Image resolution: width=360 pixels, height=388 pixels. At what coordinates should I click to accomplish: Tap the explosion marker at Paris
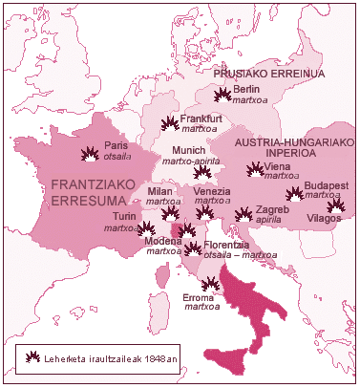pyautogui.click(x=91, y=154)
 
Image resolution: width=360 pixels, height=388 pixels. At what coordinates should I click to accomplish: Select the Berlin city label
pyautogui.click(x=233, y=89)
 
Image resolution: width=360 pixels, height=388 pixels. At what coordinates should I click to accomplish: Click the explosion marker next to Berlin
pyautogui.click(x=222, y=94)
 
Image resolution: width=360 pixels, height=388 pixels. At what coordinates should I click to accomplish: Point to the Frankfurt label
pyautogui.click(x=201, y=119)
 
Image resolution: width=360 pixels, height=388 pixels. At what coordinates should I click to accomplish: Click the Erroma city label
pyautogui.click(x=198, y=297)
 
